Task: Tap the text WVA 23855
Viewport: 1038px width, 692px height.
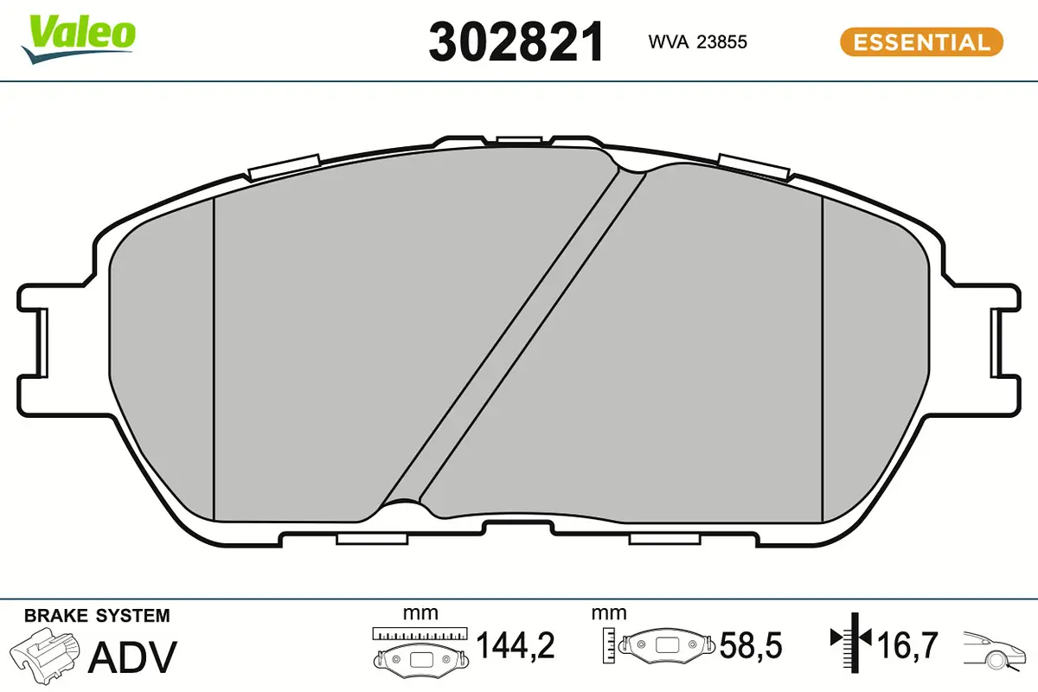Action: (x=697, y=42)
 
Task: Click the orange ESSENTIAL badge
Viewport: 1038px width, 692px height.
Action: (x=921, y=42)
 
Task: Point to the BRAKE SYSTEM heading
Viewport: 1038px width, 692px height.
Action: (x=97, y=616)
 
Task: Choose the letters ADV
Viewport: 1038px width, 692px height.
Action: (x=133, y=657)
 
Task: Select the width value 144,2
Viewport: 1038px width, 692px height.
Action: (x=516, y=645)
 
